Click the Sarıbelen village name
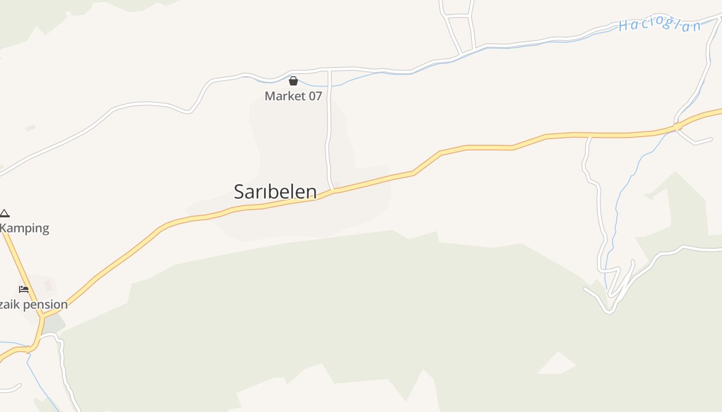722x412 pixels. pos(275,192)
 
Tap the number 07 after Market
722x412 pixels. pos(315,96)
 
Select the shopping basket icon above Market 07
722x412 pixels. pos(293,81)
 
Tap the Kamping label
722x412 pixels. pos(25,228)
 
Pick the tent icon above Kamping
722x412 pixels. pos(5,213)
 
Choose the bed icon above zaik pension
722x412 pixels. pos(23,289)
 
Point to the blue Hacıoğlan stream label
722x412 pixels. pos(660,25)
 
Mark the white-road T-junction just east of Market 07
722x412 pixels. pos(329,70)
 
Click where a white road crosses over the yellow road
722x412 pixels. pos(678,126)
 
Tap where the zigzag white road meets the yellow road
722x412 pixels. pos(589,136)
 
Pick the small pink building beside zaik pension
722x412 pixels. pos(48,285)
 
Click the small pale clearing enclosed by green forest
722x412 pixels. pos(557,364)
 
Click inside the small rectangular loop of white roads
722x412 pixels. pos(460,34)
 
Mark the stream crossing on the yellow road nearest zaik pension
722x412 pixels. pos(28,350)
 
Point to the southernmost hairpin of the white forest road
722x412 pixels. pos(609,311)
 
